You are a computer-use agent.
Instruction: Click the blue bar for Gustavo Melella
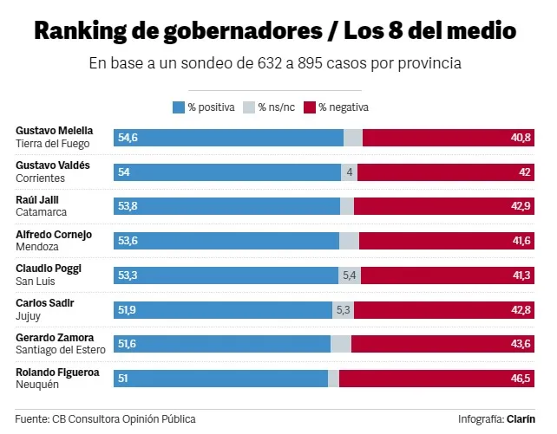click(x=228, y=138)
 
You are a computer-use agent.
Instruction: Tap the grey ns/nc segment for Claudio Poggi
click(x=349, y=275)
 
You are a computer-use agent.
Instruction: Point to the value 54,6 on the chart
click(x=128, y=138)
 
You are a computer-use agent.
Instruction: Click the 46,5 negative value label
click(x=521, y=379)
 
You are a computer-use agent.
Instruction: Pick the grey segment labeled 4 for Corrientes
click(x=350, y=172)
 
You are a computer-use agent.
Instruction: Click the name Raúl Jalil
click(x=37, y=200)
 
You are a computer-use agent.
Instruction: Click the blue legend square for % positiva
click(x=179, y=107)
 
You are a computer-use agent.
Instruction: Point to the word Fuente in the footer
click(x=31, y=419)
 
